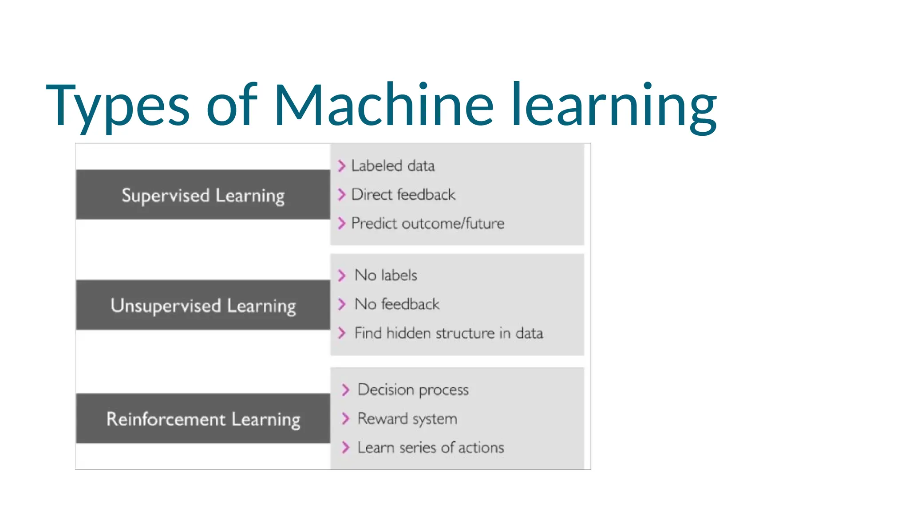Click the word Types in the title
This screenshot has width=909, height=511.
tap(118, 106)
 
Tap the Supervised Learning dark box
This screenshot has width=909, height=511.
tap(203, 195)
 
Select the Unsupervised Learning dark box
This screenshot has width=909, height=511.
tap(203, 305)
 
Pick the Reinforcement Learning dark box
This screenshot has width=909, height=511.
tap(203, 419)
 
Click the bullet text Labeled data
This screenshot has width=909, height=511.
tap(393, 166)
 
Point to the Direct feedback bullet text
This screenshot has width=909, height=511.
tap(403, 195)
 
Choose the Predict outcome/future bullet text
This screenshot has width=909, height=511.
tap(427, 224)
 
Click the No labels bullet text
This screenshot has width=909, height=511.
tap(386, 275)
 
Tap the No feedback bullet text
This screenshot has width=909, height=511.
tap(397, 304)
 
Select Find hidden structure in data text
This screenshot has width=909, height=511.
tap(448, 333)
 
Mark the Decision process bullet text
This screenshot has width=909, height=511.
tap(413, 390)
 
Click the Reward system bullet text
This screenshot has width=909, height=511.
tap(407, 419)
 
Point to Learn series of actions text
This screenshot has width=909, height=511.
tap(431, 448)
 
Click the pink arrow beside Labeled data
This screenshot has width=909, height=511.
tap(341, 166)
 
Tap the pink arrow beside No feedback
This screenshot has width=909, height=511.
tap(341, 304)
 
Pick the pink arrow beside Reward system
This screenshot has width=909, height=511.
tap(345, 419)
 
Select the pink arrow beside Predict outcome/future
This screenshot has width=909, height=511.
tap(341, 224)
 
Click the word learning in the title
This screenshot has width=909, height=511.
tap(613, 106)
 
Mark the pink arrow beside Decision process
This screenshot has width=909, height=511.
tap(345, 390)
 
